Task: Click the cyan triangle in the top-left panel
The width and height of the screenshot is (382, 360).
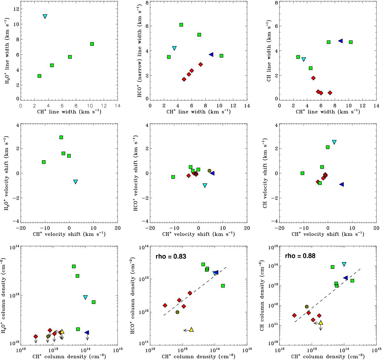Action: tap(45, 16)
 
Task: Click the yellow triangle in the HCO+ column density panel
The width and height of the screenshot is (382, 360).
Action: tap(191, 330)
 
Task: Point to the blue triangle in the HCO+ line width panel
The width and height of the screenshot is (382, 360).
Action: tap(211, 55)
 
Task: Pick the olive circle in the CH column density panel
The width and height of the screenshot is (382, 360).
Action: tap(307, 307)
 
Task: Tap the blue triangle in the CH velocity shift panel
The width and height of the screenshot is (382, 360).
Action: tap(342, 184)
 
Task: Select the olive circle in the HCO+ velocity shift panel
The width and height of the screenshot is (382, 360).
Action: tap(209, 171)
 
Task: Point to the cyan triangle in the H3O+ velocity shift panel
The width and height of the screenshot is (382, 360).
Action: tap(75, 182)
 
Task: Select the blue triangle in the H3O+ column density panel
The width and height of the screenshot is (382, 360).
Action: tap(87, 333)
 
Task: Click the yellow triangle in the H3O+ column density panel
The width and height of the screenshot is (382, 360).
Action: tap(62, 331)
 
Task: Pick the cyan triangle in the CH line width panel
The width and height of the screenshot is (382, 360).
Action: tap(304, 59)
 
